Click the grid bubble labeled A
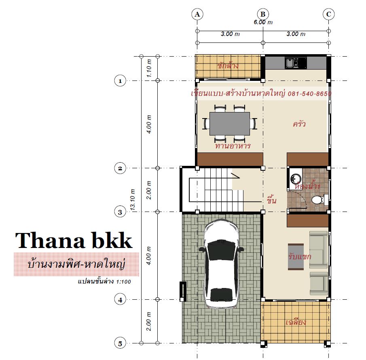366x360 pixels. [197, 14]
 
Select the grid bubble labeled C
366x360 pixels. [329, 14]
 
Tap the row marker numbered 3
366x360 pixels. [120, 212]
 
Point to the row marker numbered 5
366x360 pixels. [120, 343]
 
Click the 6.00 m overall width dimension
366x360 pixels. [263, 22]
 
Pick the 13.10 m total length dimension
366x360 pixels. [133, 200]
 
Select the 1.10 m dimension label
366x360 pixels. [149, 68]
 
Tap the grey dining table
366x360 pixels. [230, 124]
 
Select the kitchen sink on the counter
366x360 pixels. [292, 63]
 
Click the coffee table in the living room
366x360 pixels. [296, 257]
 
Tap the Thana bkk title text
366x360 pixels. [74, 240]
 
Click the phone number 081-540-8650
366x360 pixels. [309, 94]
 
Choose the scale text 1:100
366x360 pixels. [123, 282]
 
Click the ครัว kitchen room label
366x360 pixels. [299, 123]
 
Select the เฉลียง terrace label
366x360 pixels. [296, 322]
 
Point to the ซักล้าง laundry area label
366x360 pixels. [228, 66]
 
